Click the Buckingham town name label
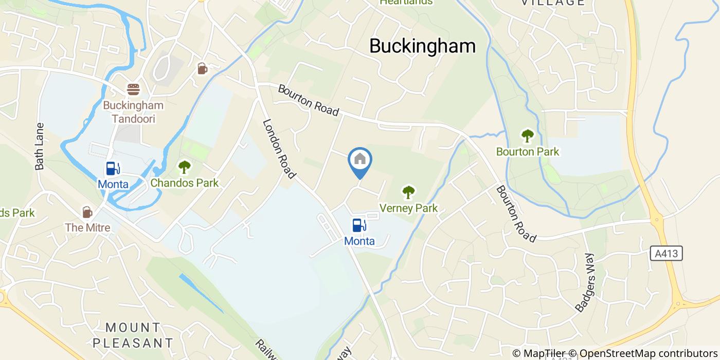[x=422, y=46]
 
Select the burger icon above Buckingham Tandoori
[x=134, y=89]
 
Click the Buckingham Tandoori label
[x=133, y=112]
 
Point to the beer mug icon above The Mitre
[x=87, y=212]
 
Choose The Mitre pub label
[x=87, y=227]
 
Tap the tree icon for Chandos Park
[x=184, y=167]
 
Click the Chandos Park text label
[x=184, y=183]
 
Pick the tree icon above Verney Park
[x=408, y=192]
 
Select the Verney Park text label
[x=408, y=208]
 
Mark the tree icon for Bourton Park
[x=527, y=136]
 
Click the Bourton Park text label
[x=527, y=152]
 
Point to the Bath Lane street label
[x=40, y=146]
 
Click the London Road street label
[x=279, y=149]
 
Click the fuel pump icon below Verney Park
[x=359, y=225]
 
